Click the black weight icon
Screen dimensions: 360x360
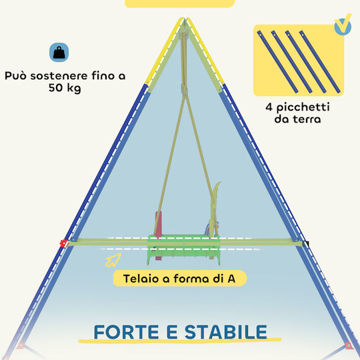[x=59, y=53]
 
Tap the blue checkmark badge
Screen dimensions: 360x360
[x=343, y=27]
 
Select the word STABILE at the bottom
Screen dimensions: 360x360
[x=226, y=332]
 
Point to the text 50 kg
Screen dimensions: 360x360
[x=65, y=88]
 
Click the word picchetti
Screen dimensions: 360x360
[x=303, y=107]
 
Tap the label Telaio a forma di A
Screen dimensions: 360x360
[x=179, y=279]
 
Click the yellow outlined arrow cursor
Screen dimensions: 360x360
[x=113, y=260]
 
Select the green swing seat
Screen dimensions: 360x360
[x=184, y=249]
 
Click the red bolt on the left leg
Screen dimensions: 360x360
[x=63, y=243]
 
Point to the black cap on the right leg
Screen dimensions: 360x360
[x=305, y=244]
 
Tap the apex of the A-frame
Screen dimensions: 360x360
[x=185, y=18]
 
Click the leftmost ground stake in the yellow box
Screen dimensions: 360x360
[x=277, y=62]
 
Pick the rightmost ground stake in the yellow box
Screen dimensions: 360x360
[x=319, y=62]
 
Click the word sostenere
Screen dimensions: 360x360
[x=59, y=76]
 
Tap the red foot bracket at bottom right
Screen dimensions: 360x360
[x=349, y=345]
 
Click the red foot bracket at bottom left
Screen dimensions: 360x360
[x=21, y=345]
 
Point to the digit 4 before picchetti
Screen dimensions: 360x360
[x=269, y=107]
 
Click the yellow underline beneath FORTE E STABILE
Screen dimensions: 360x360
[x=180, y=341]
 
